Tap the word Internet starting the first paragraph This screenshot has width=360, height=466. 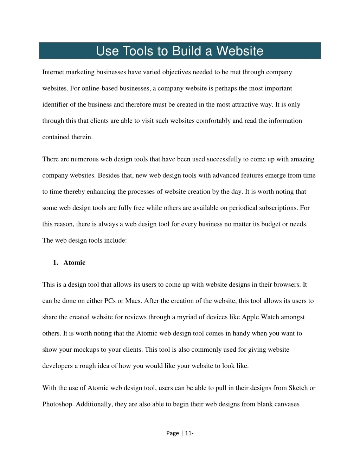53,72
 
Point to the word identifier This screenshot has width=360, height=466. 56,104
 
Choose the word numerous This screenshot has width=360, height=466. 85,159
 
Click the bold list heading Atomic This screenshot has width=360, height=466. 75,263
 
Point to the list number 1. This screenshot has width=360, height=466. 55,263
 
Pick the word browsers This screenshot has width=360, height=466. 286,285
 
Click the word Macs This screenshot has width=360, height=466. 133,301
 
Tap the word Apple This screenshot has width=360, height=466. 251,317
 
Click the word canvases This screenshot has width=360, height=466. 286,404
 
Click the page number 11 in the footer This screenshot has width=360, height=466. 188,433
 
